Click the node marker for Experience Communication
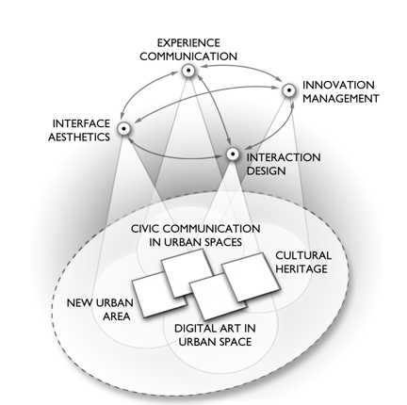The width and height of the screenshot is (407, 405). pyautogui.click(x=187, y=72)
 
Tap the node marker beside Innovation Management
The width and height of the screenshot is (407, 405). pyautogui.click(x=290, y=91)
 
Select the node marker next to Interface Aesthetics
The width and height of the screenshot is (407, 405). pyautogui.click(x=122, y=129)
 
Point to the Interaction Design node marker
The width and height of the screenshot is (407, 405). pyautogui.click(x=233, y=154)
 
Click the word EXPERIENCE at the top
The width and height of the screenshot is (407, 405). pyautogui.click(x=188, y=42)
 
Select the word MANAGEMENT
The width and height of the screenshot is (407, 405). pyautogui.click(x=341, y=98)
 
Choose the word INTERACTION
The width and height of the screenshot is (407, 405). pyautogui.click(x=284, y=157)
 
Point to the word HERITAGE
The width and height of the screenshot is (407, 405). pyautogui.click(x=301, y=268)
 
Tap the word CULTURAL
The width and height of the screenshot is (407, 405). pyautogui.click(x=303, y=254)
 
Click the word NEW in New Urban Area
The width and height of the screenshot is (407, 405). pyautogui.click(x=80, y=302)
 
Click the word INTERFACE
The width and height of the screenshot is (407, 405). pyautogui.click(x=82, y=123)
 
